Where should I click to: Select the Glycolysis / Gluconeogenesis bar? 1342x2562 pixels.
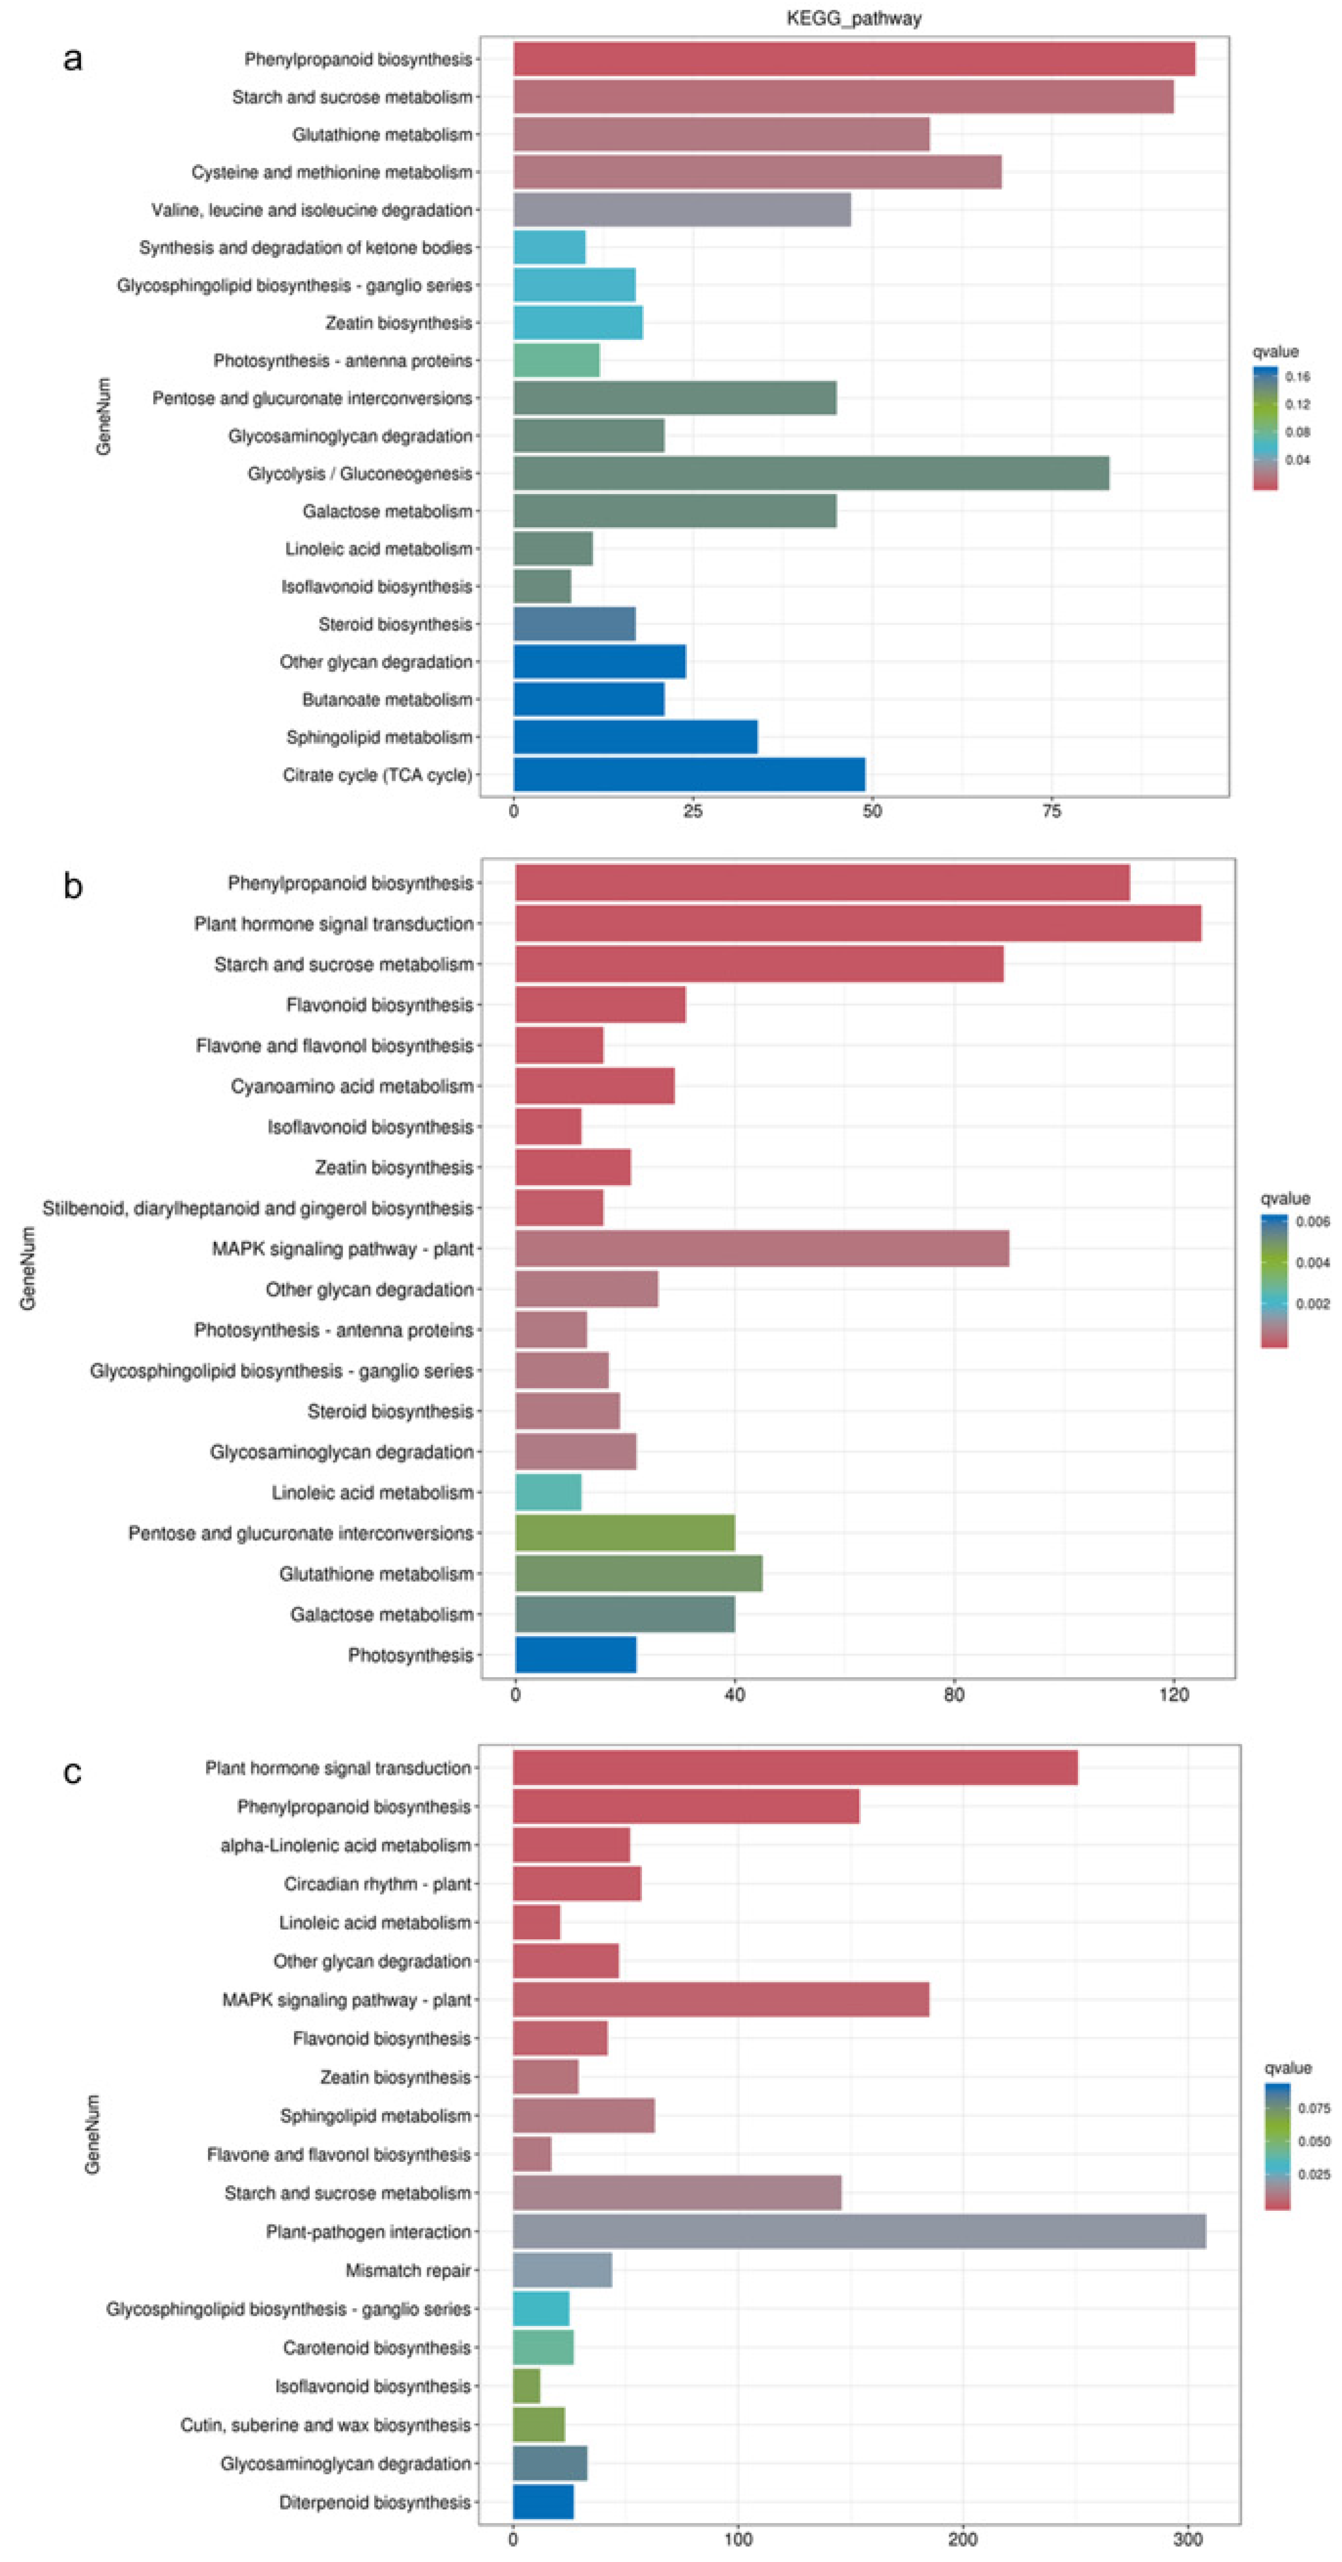coord(811,473)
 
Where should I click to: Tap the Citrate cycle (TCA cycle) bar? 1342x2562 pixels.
coord(689,775)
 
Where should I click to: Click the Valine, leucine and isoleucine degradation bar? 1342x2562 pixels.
coord(681,210)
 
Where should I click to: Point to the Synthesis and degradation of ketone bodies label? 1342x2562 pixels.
coord(306,248)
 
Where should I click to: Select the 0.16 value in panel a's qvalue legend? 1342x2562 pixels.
coord(1297,377)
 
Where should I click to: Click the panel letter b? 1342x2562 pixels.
coord(73,885)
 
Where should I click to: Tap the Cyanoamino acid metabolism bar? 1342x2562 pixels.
coord(594,1086)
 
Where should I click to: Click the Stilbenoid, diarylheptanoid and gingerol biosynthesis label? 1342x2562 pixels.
coord(257,1209)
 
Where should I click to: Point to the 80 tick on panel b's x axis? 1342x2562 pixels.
coord(954,1695)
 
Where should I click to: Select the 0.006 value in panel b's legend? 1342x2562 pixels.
coord(1312,1222)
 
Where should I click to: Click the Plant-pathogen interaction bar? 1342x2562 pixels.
coord(858,2232)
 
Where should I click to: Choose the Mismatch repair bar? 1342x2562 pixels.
coord(562,2270)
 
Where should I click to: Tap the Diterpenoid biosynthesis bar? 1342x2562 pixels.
coord(543,2502)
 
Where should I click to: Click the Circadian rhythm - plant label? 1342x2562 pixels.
coord(377,1884)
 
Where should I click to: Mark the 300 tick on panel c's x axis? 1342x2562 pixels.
coord(1188,2539)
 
